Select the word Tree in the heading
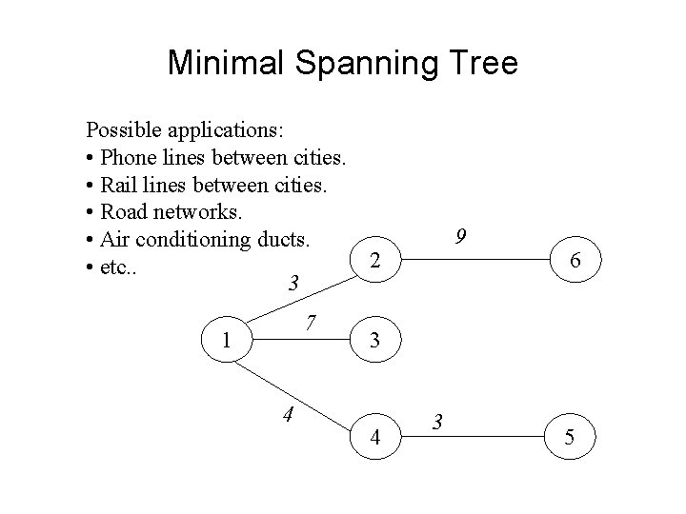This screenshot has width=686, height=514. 482,63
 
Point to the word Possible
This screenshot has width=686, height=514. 121,128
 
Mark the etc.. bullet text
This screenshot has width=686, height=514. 118,267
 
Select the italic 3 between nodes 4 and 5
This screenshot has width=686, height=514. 436,420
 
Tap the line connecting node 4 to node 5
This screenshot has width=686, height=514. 495,437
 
